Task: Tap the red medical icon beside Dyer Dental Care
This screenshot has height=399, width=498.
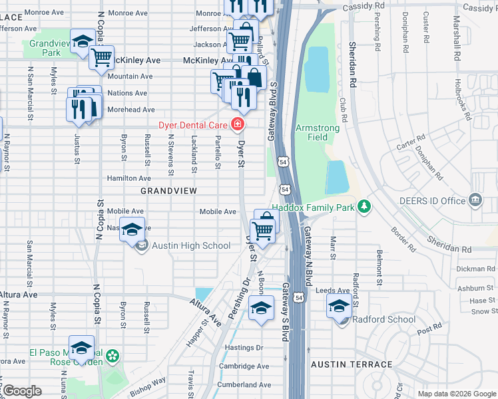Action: pyautogui.click(x=236, y=124)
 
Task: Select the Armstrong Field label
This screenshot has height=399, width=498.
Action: pyautogui.click(x=318, y=132)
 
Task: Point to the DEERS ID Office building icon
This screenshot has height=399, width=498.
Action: pyautogui.click(x=474, y=200)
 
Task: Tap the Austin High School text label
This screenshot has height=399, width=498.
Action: pyautogui.click(x=191, y=246)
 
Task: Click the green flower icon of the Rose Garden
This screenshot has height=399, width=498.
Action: pyautogui.click(x=113, y=357)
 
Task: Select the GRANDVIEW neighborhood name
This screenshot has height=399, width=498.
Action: pyautogui.click(x=168, y=191)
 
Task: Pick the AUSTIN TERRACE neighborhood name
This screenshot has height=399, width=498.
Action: pyautogui.click(x=352, y=365)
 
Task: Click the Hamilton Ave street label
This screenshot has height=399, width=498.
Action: pyautogui.click(x=129, y=178)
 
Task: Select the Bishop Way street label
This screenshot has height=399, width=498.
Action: pyautogui.click(x=148, y=384)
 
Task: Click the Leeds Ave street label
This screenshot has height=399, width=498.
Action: pyautogui.click(x=333, y=291)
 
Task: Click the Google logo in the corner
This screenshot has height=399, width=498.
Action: pyautogui.click(x=23, y=391)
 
